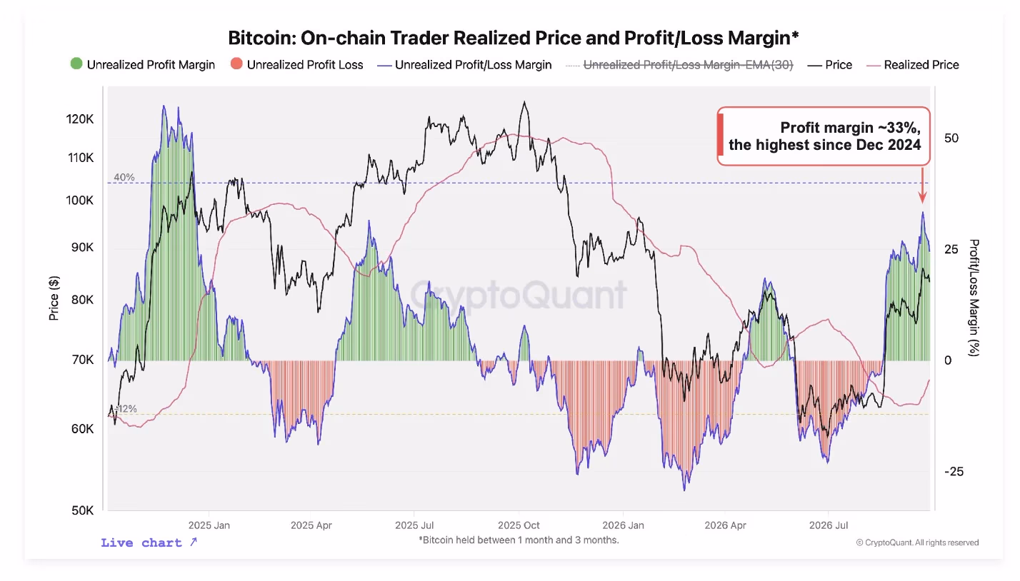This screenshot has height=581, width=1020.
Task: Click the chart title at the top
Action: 513,38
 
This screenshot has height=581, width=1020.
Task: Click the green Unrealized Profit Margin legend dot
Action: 76,64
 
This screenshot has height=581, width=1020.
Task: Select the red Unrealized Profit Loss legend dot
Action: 236,64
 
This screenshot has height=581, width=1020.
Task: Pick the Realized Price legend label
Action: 921,65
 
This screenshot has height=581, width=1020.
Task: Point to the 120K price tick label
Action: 80,119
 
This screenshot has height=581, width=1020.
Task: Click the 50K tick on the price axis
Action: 82,510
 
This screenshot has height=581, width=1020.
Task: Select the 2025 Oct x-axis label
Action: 519,525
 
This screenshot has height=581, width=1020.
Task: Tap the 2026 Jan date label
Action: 623,525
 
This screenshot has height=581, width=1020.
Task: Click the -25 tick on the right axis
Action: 954,472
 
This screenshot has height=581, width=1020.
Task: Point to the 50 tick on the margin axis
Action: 951,138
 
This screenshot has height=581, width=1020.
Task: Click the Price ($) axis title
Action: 54,298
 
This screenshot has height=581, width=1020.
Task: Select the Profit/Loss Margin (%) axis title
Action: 974,298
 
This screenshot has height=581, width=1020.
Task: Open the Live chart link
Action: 149,542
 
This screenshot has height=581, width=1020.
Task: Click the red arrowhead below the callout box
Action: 923,198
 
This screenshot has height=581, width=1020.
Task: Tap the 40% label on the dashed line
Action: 124,177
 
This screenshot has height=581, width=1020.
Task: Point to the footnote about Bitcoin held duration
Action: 519,540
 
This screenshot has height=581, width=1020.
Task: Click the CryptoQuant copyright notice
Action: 918,542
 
